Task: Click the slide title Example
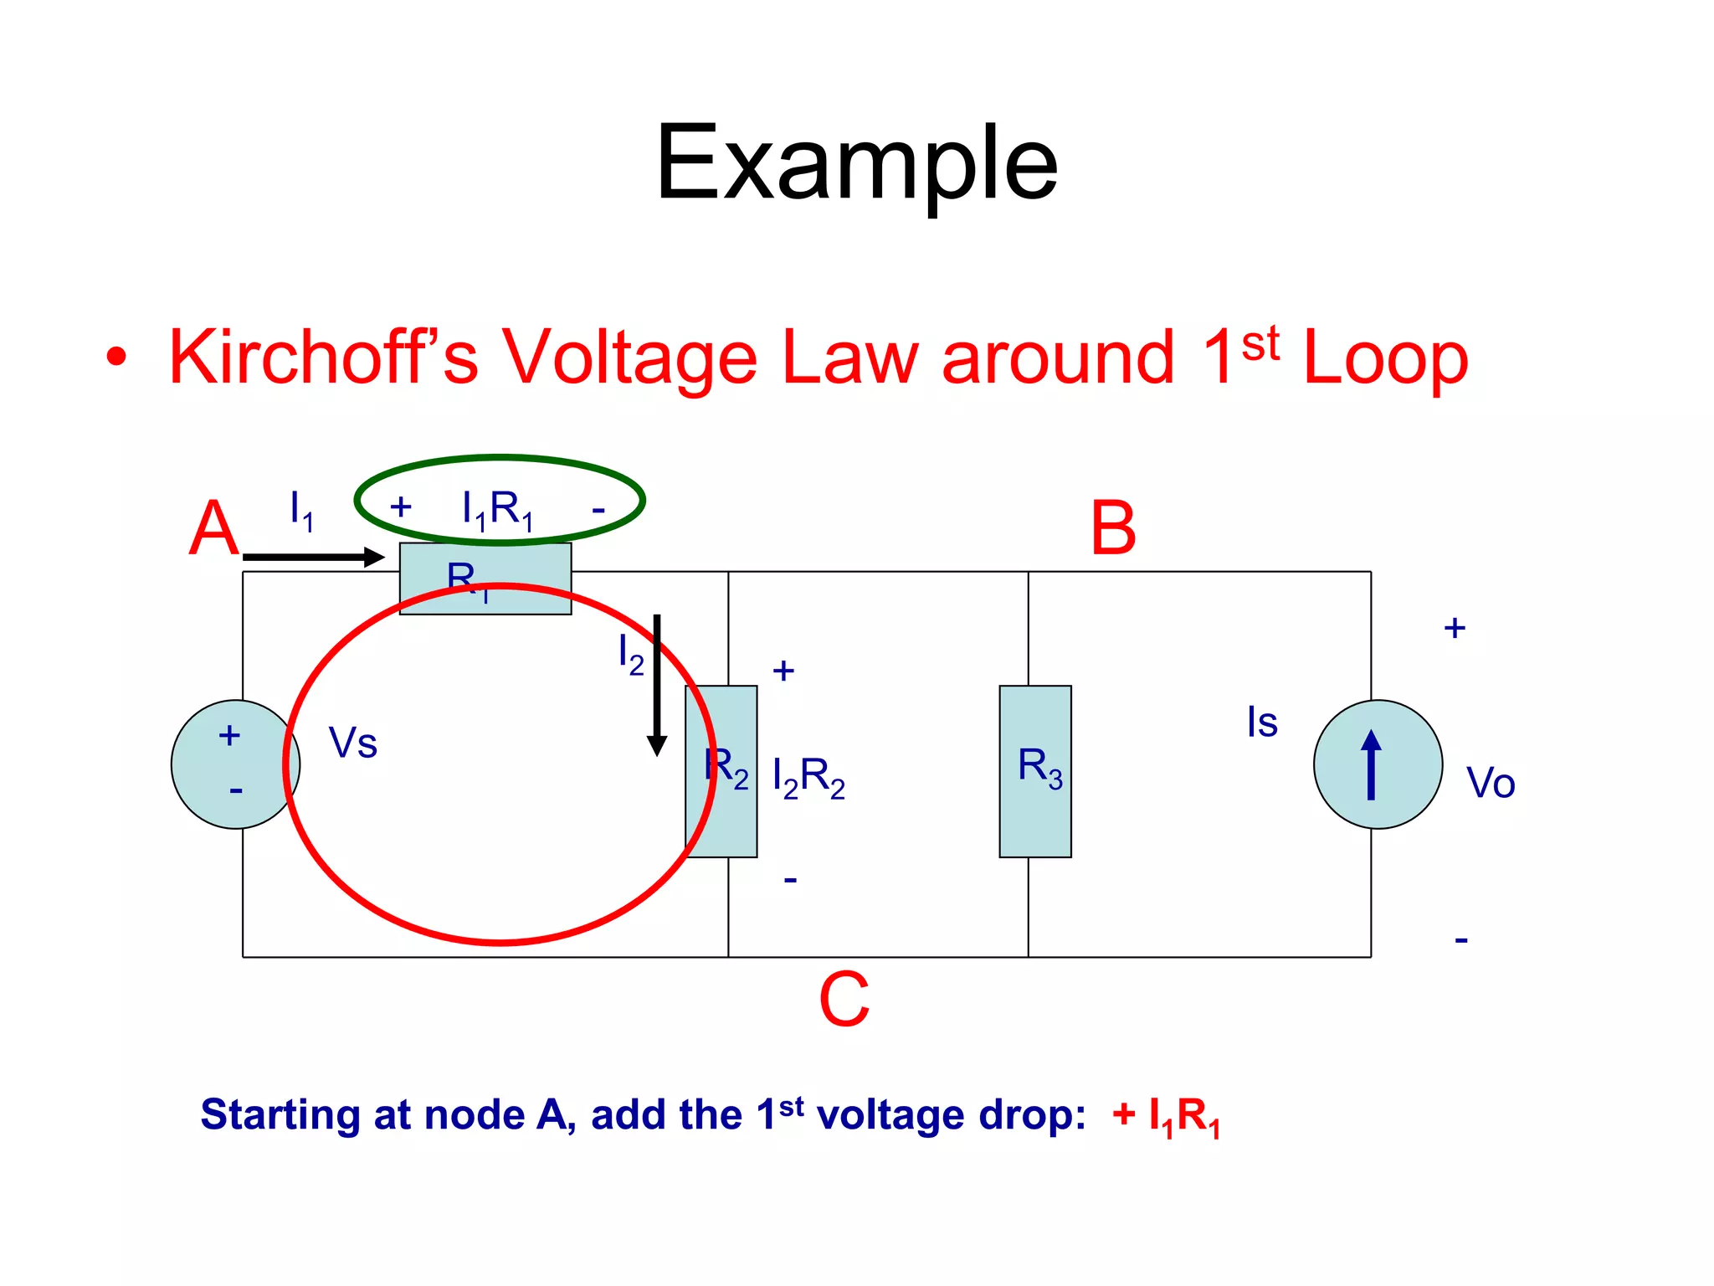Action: tap(856, 162)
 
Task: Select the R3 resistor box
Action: tap(1035, 770)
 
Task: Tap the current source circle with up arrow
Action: tap(1378, 764)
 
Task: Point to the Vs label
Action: tap(352, 743)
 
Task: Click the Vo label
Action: tap(1491, 783)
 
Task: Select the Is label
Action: tap(1262, 722)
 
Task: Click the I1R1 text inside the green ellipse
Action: tap(497, 508)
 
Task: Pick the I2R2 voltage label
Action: tap(808, 777)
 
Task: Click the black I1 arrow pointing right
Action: tap(314, 557)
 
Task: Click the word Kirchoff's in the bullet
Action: tap(323, 358)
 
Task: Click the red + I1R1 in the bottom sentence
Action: tap(1166, 1116)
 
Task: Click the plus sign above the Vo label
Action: tap(1455, 628)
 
